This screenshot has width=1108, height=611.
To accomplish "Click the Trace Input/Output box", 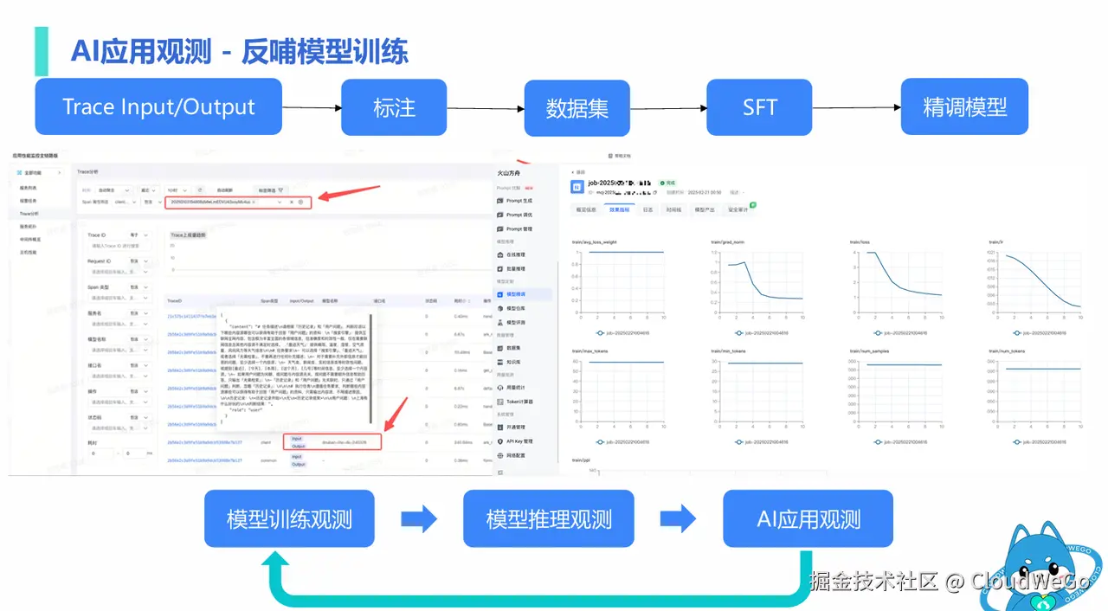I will (158, 106).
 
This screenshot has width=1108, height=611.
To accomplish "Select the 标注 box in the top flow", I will (394, 107).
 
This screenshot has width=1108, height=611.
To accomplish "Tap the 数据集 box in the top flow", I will (577, 107).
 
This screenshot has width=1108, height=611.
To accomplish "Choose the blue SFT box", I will (759, 107).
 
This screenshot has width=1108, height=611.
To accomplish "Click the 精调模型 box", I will (964, 107).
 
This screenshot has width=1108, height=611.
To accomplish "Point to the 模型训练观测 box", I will (289, 518).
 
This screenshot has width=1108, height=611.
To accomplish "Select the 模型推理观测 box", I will (549, 518).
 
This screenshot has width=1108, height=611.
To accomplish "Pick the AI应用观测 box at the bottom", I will (808, 518).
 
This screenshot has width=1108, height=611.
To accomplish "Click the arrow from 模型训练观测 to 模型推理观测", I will (419, 519).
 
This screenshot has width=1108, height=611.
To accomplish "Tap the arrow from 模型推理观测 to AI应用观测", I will (678, 519).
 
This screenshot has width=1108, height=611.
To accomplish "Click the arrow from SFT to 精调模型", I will (856, 108).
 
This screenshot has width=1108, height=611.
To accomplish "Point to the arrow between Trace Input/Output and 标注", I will (312, 108).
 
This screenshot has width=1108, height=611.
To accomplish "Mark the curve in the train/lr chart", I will (1039, 277).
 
